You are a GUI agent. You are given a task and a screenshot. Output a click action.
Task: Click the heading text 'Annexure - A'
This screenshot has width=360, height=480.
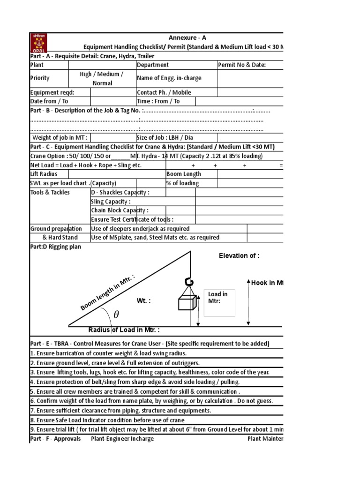coord(187,37)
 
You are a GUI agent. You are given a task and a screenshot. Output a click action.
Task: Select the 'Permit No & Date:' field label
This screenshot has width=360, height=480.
coord(242,65)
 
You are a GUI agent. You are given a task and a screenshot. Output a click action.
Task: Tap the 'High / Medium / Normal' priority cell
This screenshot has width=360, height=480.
coord(102,78)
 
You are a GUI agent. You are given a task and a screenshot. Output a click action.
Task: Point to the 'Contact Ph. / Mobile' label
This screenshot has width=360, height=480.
coord(164,92)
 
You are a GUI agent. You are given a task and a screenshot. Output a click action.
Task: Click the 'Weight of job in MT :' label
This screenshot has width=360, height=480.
coord(60,137)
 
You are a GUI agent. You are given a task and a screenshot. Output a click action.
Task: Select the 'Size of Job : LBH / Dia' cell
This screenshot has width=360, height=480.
coord(165,137)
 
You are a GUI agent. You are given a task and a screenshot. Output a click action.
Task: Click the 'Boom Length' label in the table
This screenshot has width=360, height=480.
coord(183,174)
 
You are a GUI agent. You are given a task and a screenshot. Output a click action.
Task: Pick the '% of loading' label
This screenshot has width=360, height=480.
coord(182,183)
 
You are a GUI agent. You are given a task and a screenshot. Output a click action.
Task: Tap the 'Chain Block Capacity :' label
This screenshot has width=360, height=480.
coord(120,210)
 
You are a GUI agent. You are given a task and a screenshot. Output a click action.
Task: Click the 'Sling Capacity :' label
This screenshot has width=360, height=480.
coord(111,202)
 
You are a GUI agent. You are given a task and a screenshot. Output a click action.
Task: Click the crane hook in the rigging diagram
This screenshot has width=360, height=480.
coord(190,282)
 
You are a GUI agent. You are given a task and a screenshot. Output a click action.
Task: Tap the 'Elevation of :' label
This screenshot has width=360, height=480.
coord(239,255)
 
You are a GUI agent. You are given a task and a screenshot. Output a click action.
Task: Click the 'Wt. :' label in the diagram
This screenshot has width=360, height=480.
coord(144,300)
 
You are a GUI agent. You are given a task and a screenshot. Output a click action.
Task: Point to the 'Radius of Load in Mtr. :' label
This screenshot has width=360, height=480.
coord(124,330)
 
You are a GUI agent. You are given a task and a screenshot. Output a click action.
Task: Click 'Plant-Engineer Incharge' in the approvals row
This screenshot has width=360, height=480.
coord(122,439)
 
